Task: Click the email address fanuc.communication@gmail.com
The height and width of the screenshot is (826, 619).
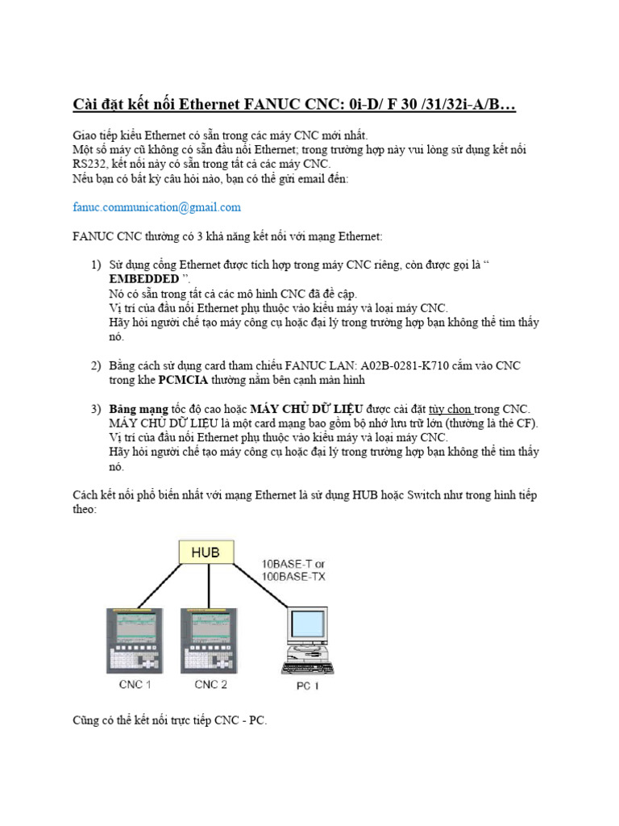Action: [156, 207]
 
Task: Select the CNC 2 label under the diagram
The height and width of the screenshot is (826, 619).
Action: [211, 685]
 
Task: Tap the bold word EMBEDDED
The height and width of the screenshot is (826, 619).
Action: [143, 279]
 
